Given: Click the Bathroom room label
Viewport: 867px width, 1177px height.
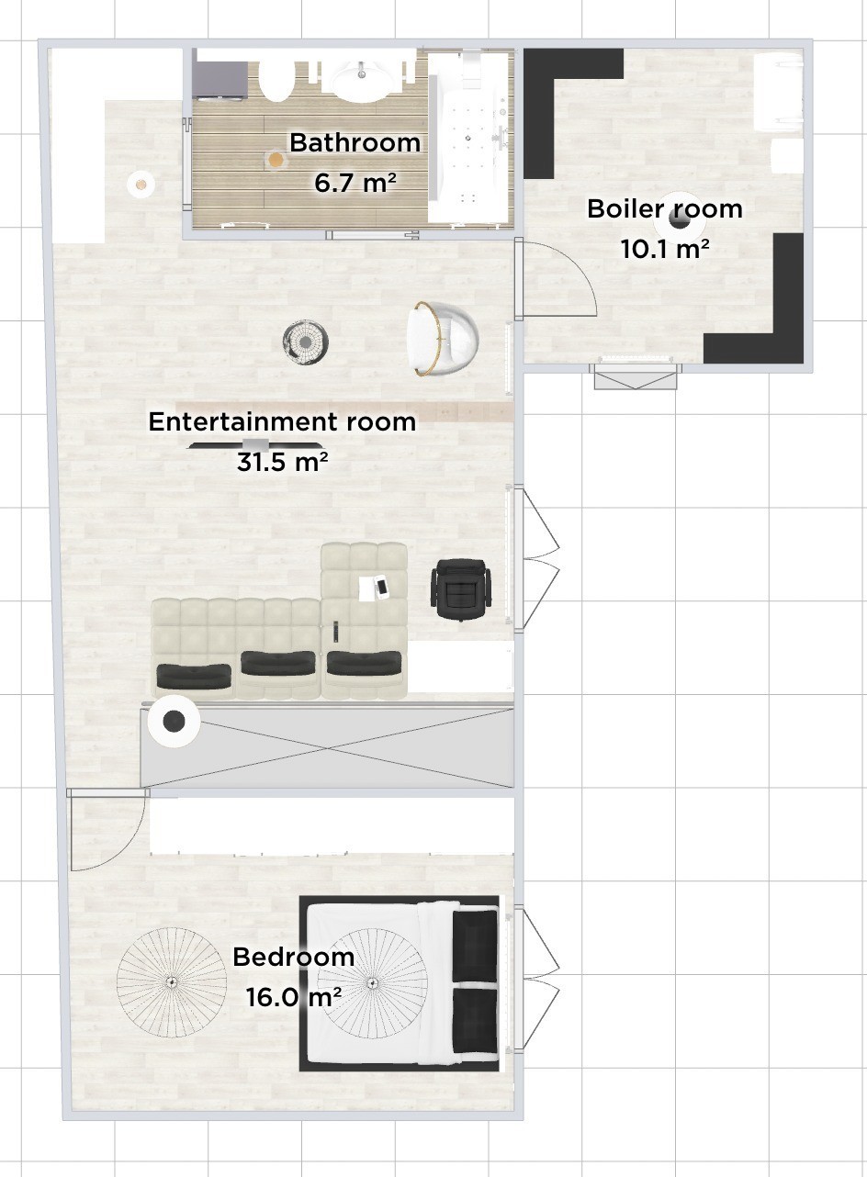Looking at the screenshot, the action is point(355,143).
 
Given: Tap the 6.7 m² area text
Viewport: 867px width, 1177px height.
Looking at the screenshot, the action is point(355,183).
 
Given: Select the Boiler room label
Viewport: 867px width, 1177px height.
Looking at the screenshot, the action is point(665,209).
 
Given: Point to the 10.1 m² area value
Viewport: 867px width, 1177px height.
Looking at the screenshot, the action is point(665,249).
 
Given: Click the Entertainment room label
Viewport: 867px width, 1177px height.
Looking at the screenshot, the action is point(282,422).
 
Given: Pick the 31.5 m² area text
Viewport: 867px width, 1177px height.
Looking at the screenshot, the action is point(282,462).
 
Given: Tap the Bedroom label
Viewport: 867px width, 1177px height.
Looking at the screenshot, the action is point(293,957).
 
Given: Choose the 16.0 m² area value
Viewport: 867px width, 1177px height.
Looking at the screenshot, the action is point(294,997).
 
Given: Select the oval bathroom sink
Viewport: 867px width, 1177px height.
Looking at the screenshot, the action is point(362,81).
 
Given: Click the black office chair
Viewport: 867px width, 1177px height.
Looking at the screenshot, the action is point(461,589).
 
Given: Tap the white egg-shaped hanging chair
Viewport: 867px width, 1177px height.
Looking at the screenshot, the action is point(442,339).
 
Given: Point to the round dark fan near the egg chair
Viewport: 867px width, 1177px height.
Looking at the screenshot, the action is point(305,342).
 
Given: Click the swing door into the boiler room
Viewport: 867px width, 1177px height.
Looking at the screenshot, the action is point(557,278).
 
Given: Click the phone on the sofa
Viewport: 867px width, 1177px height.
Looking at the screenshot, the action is point(382,588).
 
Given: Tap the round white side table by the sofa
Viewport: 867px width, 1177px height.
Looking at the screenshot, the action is point(174,722).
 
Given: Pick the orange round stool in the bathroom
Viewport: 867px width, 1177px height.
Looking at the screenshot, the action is point(275,159).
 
